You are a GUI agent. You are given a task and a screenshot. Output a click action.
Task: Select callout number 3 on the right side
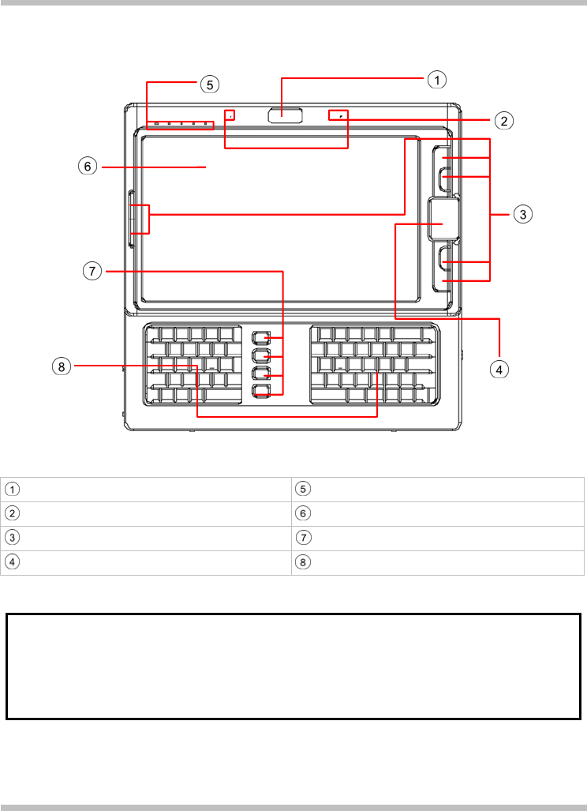pos(521,213)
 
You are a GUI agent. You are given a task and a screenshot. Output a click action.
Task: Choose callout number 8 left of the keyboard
pos(63,366)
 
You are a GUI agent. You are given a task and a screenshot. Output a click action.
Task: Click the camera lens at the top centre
pos(285,115)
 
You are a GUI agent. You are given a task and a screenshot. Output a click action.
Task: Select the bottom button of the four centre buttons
pos(261,390)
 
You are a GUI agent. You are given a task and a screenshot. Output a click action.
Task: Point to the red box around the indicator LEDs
pos(180,125)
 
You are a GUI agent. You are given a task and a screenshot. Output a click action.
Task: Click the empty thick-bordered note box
pos(293,666)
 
